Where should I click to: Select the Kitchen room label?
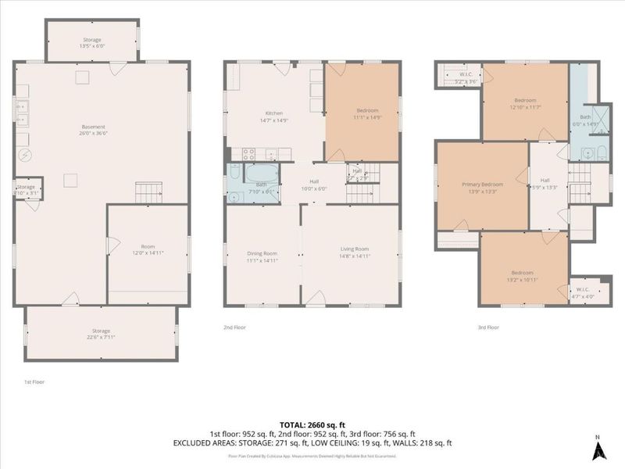pyautogui.click(x=273, y=113)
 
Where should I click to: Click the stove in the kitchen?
pyautogui.click(x=250, y=153)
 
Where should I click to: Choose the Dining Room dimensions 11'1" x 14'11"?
pyautogui.click(x=262, y=260)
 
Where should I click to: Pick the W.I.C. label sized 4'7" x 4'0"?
pyautogui.click(x=583, y=295)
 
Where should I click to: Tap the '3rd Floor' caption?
pyautogui.click(x=487, y=328)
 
